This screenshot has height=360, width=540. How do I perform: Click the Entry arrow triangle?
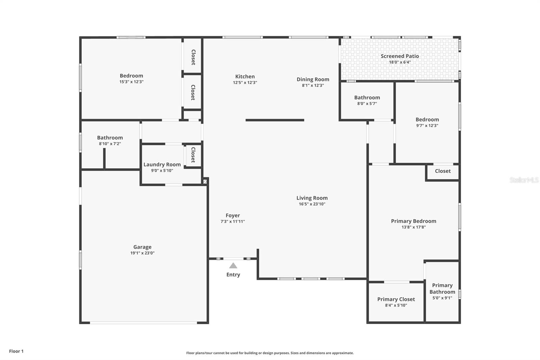(x=233, y=266)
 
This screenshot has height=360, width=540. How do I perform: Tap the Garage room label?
(x=142, y=247)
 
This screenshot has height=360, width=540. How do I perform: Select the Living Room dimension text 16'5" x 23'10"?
(x=312, y=204)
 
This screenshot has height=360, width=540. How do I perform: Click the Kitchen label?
(x=245, y=76)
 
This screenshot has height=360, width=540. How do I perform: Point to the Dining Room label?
(x=313, y=79)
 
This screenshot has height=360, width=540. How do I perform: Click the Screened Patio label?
(x=400, y=56)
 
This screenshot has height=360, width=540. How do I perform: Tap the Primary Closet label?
(x=396, y=299)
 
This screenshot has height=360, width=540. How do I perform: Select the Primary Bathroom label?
(x=442, y=289)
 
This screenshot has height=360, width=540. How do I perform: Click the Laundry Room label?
(x=162, y=164)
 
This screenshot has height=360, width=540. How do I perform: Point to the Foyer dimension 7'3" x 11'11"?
(x=233, y=221)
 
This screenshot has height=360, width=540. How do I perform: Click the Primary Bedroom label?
(x=414, y=221)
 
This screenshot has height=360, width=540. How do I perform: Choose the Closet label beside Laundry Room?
(x=193, y=155)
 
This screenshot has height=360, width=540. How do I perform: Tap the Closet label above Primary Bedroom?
(x=443, y=171)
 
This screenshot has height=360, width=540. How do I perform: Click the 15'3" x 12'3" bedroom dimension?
(x=131, y=81)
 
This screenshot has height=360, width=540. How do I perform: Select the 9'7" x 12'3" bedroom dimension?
(x=427, y=126)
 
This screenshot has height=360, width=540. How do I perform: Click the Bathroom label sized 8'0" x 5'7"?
(x=367, y=98)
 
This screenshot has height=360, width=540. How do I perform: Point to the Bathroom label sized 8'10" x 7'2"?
(x=110, y=137)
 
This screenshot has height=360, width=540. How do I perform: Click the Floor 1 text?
(x=17, y=351)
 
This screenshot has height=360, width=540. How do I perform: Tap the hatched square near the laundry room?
(x=205, y=181)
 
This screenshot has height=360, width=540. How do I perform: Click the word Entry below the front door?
(x=233, y=275)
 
